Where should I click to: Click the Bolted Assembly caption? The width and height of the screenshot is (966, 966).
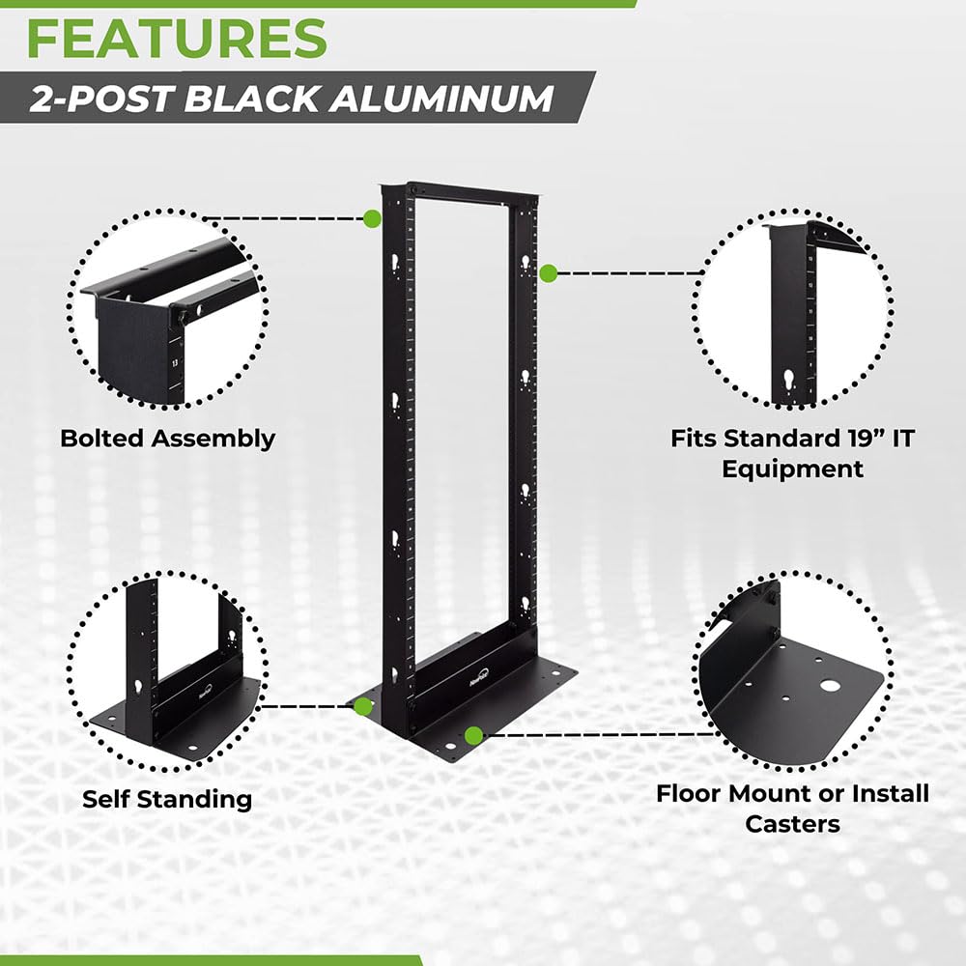(167, 439)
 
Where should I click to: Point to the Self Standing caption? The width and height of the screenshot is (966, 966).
(166, 799)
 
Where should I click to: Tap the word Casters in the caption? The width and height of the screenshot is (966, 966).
(792, 824)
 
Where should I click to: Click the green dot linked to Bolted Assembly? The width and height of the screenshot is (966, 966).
(372, 219)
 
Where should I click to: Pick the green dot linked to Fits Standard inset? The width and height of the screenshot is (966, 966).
(548, 273)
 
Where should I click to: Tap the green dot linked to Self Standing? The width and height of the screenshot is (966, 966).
(363, 706)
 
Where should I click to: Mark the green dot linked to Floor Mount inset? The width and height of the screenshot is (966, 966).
(473, 736)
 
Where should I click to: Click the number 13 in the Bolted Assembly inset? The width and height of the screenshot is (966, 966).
(174, 364)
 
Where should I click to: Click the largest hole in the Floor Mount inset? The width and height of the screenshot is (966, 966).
(829, 685)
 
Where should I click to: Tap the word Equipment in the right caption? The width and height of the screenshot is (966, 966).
(792, 469)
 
